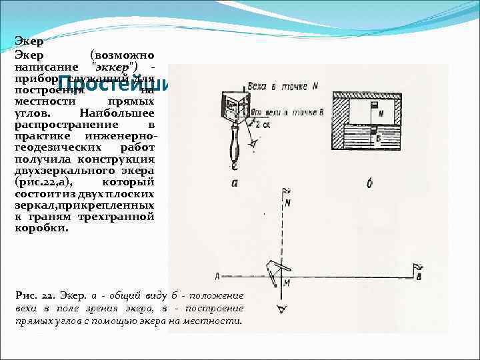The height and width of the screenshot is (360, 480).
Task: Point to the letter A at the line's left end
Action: point(218,275)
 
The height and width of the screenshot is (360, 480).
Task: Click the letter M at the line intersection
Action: point(287,283)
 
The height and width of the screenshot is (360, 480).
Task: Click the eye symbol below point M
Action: point(282,308)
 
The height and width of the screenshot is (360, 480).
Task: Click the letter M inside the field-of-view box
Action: point(380,114)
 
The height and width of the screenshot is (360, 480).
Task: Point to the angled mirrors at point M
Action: point(273,269)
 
